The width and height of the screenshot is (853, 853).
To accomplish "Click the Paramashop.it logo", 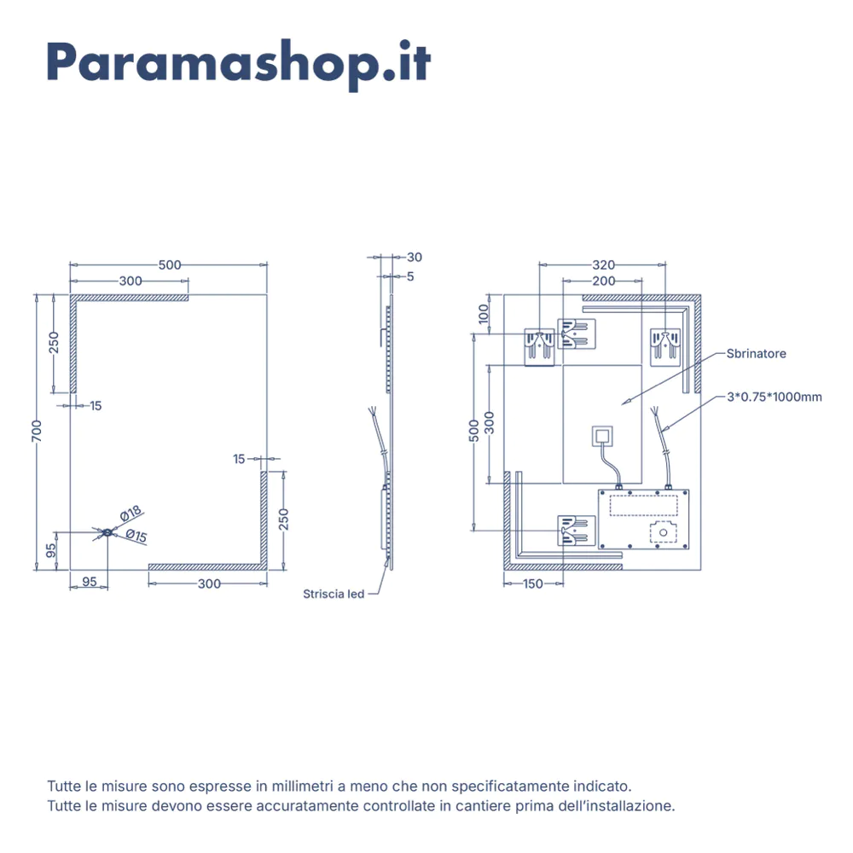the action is (x=239, y=64).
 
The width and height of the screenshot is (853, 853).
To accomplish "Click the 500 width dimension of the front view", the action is (x=170, y=265).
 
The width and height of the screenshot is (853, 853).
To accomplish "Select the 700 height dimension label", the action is (x=37, y=431).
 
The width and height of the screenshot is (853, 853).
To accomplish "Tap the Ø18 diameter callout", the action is (x=131, y=513).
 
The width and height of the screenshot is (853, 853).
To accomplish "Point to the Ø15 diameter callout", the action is (x=136, y=536).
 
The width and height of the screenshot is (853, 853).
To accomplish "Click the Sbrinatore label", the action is (x=756, y=354).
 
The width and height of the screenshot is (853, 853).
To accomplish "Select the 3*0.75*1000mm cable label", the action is (x=775, y=397).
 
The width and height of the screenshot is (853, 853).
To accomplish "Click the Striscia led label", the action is (x=334, y=594).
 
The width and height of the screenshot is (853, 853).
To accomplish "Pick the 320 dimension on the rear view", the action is (x=603, y=265).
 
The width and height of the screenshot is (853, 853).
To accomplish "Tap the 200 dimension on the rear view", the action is (x=604, y=281).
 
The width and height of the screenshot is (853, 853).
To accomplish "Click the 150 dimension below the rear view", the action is (x=533, y=583).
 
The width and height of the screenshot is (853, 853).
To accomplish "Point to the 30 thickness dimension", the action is (x=415, y=258).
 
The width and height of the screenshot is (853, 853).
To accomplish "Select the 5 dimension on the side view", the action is (x=410, y=276).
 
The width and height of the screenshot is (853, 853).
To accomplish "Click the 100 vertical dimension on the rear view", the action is (x=484, y=314).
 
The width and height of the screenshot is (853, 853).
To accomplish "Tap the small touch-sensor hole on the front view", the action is (x=107, y=533).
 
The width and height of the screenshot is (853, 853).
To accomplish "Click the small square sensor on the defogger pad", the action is (x=602, y=436).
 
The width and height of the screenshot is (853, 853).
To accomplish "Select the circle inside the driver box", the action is (x=663, y=532).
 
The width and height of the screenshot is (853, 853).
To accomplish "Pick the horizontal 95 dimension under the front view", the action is (x=90, y=582).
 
